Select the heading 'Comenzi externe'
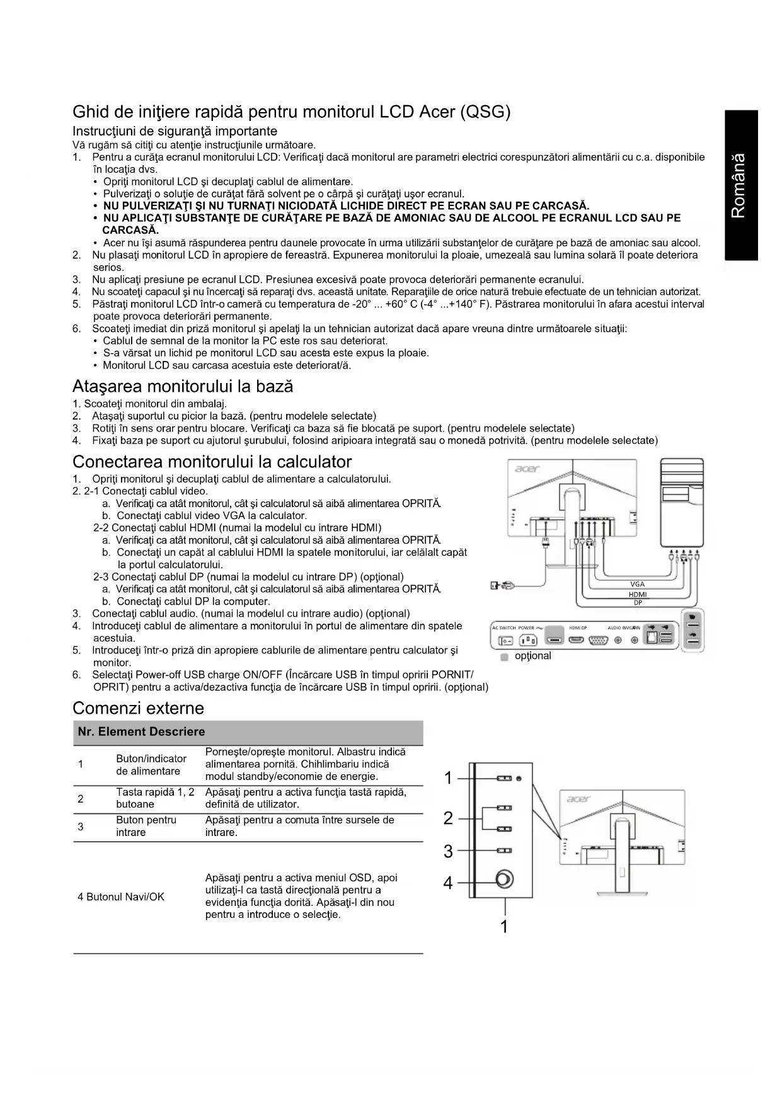[x=138, y=708]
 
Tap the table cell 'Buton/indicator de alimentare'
[x=151, y=765]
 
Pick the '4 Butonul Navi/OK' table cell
[x=120, y=896]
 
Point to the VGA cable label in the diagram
[x=637, y=584]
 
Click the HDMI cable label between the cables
[x=637, y=594]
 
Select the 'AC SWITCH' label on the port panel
[x=503, y=628]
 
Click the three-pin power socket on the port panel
[x=527, y=641]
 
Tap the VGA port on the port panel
[x=597, y=641]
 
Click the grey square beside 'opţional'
[x=504, y=657]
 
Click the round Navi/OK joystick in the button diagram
[x=505, y=879]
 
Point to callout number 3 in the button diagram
[x=448, y=852]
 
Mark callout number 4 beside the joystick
[x=448, y=883]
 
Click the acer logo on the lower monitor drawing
[x=578, y=799]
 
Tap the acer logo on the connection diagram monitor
[x=527, y=469]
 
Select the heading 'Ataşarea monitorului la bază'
[x=183, y=386]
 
